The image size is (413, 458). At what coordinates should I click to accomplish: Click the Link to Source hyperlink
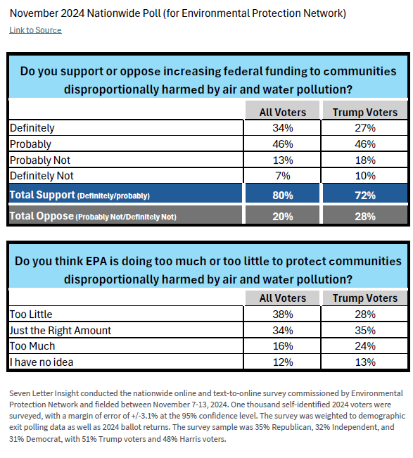point(35,30)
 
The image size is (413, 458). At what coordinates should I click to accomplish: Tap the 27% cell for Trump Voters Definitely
point(365,128)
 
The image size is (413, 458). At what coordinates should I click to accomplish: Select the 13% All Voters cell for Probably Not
point(282,160)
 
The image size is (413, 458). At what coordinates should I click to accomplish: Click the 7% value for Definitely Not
point(282,176)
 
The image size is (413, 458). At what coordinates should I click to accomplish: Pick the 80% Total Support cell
point(282,195)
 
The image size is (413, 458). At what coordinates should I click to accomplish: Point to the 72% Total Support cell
point(365,195)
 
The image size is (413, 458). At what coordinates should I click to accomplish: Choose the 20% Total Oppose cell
point(282,216)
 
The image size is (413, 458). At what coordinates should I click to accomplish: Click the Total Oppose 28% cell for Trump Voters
point(365,216)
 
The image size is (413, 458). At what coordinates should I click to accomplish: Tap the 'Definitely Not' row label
point(42,176)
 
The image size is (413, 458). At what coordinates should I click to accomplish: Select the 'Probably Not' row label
point(40,160)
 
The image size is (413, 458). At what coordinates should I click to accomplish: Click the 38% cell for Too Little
point(282,314)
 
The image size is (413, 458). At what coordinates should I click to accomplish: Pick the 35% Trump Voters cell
point(365,331)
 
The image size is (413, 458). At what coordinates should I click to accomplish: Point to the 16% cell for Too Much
point(282,346)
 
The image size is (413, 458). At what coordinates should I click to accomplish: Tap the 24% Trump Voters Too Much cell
point(365,346)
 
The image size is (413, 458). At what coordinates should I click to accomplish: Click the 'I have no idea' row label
point(42,362)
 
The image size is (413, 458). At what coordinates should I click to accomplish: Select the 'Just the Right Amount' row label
point(61,331)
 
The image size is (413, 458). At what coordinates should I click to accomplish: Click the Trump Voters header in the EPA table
point(365,298)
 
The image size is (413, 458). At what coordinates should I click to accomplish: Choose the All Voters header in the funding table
point(282,113)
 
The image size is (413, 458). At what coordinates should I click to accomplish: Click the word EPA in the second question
point(96,261)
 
